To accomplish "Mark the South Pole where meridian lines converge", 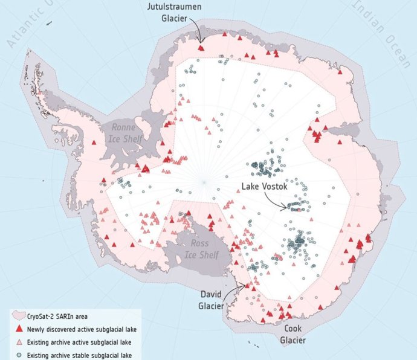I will [x=204, y=182].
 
